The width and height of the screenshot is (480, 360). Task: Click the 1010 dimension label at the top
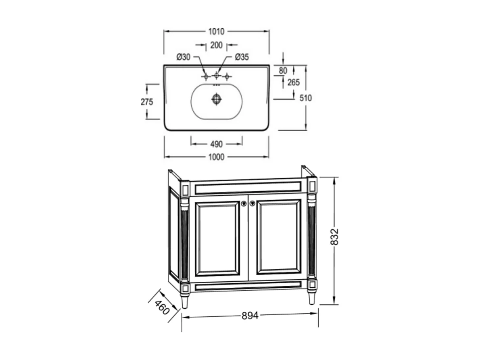pos(216,31)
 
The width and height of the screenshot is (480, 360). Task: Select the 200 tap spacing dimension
pos(216,45)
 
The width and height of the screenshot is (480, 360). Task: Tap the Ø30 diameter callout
pos(183,57)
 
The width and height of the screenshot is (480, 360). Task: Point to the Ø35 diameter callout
pos(242,57)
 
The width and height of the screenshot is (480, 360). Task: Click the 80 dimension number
pos(283,71)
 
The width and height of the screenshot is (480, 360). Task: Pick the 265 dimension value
pos(294,82)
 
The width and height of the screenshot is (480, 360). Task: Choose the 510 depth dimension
pos(306,98)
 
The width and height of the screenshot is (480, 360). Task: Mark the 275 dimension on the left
pos(147,102)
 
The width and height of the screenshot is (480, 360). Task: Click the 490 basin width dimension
pos(216,144)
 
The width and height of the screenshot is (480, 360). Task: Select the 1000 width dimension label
pos(216,157)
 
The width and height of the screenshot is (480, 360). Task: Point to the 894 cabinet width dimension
pos(250,316)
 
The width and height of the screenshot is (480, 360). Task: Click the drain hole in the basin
pos(217,99)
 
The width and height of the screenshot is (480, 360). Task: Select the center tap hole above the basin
pos(216,75)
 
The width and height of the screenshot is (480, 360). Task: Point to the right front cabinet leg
pos(312,298)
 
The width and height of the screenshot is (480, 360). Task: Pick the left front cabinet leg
pos(185,301)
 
